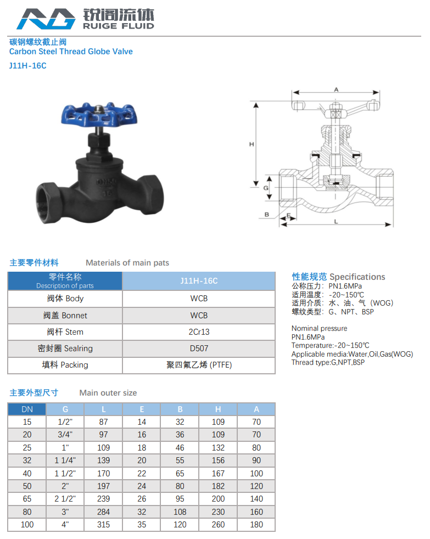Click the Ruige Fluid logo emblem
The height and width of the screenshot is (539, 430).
tap(46, 19)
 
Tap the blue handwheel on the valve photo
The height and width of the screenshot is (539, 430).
tap(99, 114)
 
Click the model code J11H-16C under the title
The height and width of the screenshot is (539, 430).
tap(28, 66)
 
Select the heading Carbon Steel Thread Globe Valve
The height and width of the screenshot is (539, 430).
tap(71, 52)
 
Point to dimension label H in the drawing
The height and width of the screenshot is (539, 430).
tap(252, 144)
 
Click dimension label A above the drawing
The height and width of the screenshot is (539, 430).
tap(336, 89)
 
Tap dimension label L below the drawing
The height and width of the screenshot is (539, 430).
tap(336, 221)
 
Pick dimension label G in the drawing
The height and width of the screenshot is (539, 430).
tap(266, 188)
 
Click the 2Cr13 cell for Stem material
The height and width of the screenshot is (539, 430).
tap(199, 332)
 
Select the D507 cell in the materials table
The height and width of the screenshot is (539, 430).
tap(199, 349)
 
